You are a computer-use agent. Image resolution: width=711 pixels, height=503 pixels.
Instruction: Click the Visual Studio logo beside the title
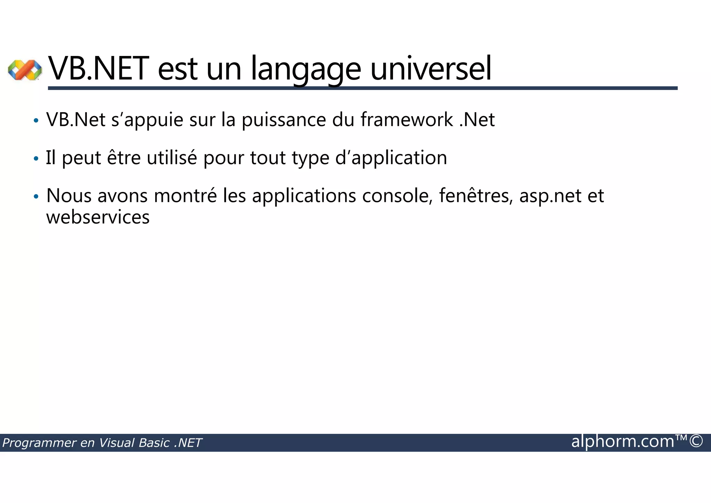(x=25, y=70)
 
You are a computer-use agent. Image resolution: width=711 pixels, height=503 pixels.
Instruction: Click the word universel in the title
(x=431, y=69)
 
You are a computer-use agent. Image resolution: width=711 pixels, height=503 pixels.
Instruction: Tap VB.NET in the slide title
(x=99, y=69)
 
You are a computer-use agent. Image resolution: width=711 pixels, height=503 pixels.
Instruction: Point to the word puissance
(x=284, y=120)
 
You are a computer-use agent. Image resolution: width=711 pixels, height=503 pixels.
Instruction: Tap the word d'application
(x=391, y=159)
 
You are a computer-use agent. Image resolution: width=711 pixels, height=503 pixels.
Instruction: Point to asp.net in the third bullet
(x=550, y=196)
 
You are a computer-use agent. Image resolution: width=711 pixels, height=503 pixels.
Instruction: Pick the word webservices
(x=98, y=217)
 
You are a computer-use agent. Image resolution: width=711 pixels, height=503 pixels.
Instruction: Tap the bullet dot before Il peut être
(x=35, y=159)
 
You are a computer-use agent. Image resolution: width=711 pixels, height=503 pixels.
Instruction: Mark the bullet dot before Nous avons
(x=35, y=197)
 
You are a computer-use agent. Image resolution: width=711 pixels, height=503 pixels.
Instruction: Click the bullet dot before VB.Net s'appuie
(x=35, y=121)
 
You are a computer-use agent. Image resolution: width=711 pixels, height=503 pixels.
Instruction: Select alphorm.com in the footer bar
(x=622, y=442)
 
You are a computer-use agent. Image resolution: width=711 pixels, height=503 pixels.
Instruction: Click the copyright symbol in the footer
(x=696, y=441)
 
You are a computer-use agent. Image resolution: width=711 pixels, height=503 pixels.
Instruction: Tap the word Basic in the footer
(x=154, y=443)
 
